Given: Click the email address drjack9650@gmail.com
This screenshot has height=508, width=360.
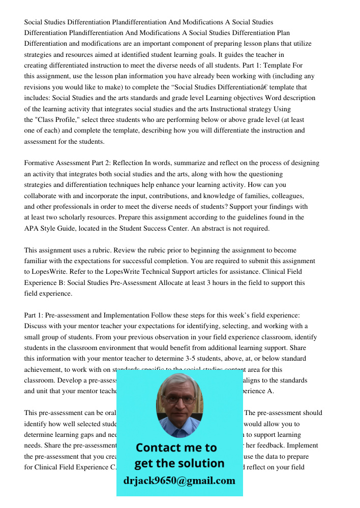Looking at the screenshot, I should [x=179, y=481].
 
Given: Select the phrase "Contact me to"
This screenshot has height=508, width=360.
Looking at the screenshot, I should [x=176, y=448].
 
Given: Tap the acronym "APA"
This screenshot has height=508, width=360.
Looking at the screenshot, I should [x=33, y=228].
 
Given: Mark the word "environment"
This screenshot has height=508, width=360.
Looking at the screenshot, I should [x=125, y=348].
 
